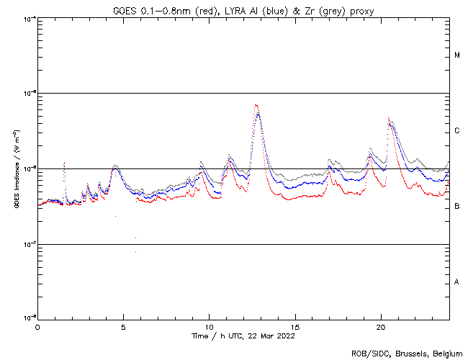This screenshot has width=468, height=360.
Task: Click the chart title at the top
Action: [x=243, y=9]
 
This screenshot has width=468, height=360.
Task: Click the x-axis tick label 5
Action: [x=123, y=326]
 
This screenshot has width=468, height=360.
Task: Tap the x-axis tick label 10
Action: [x=209, y=326]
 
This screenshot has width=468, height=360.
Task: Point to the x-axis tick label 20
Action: [x=381, y=326]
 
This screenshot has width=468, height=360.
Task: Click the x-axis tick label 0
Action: [x=37, y=326]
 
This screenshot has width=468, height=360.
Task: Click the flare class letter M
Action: [x=457, y=55]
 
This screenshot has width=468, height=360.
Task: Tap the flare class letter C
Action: [x=457, y=131]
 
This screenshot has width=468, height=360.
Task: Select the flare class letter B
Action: [x=457, y=207]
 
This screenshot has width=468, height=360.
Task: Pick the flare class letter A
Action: [x=457, y=282]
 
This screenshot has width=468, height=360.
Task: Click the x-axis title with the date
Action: [x=243, y=336]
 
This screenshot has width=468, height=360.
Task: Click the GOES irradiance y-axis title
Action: [x=15, y=168]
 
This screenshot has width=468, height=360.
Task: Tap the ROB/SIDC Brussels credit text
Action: [x=406, y=354]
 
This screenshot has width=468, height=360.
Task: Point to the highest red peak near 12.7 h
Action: [x=256, y=105]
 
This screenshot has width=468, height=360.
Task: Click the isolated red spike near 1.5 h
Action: [x=64, y=163]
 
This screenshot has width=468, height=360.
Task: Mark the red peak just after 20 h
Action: [x=389, y=117]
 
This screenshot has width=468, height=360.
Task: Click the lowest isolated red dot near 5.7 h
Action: [x=135, y=252]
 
